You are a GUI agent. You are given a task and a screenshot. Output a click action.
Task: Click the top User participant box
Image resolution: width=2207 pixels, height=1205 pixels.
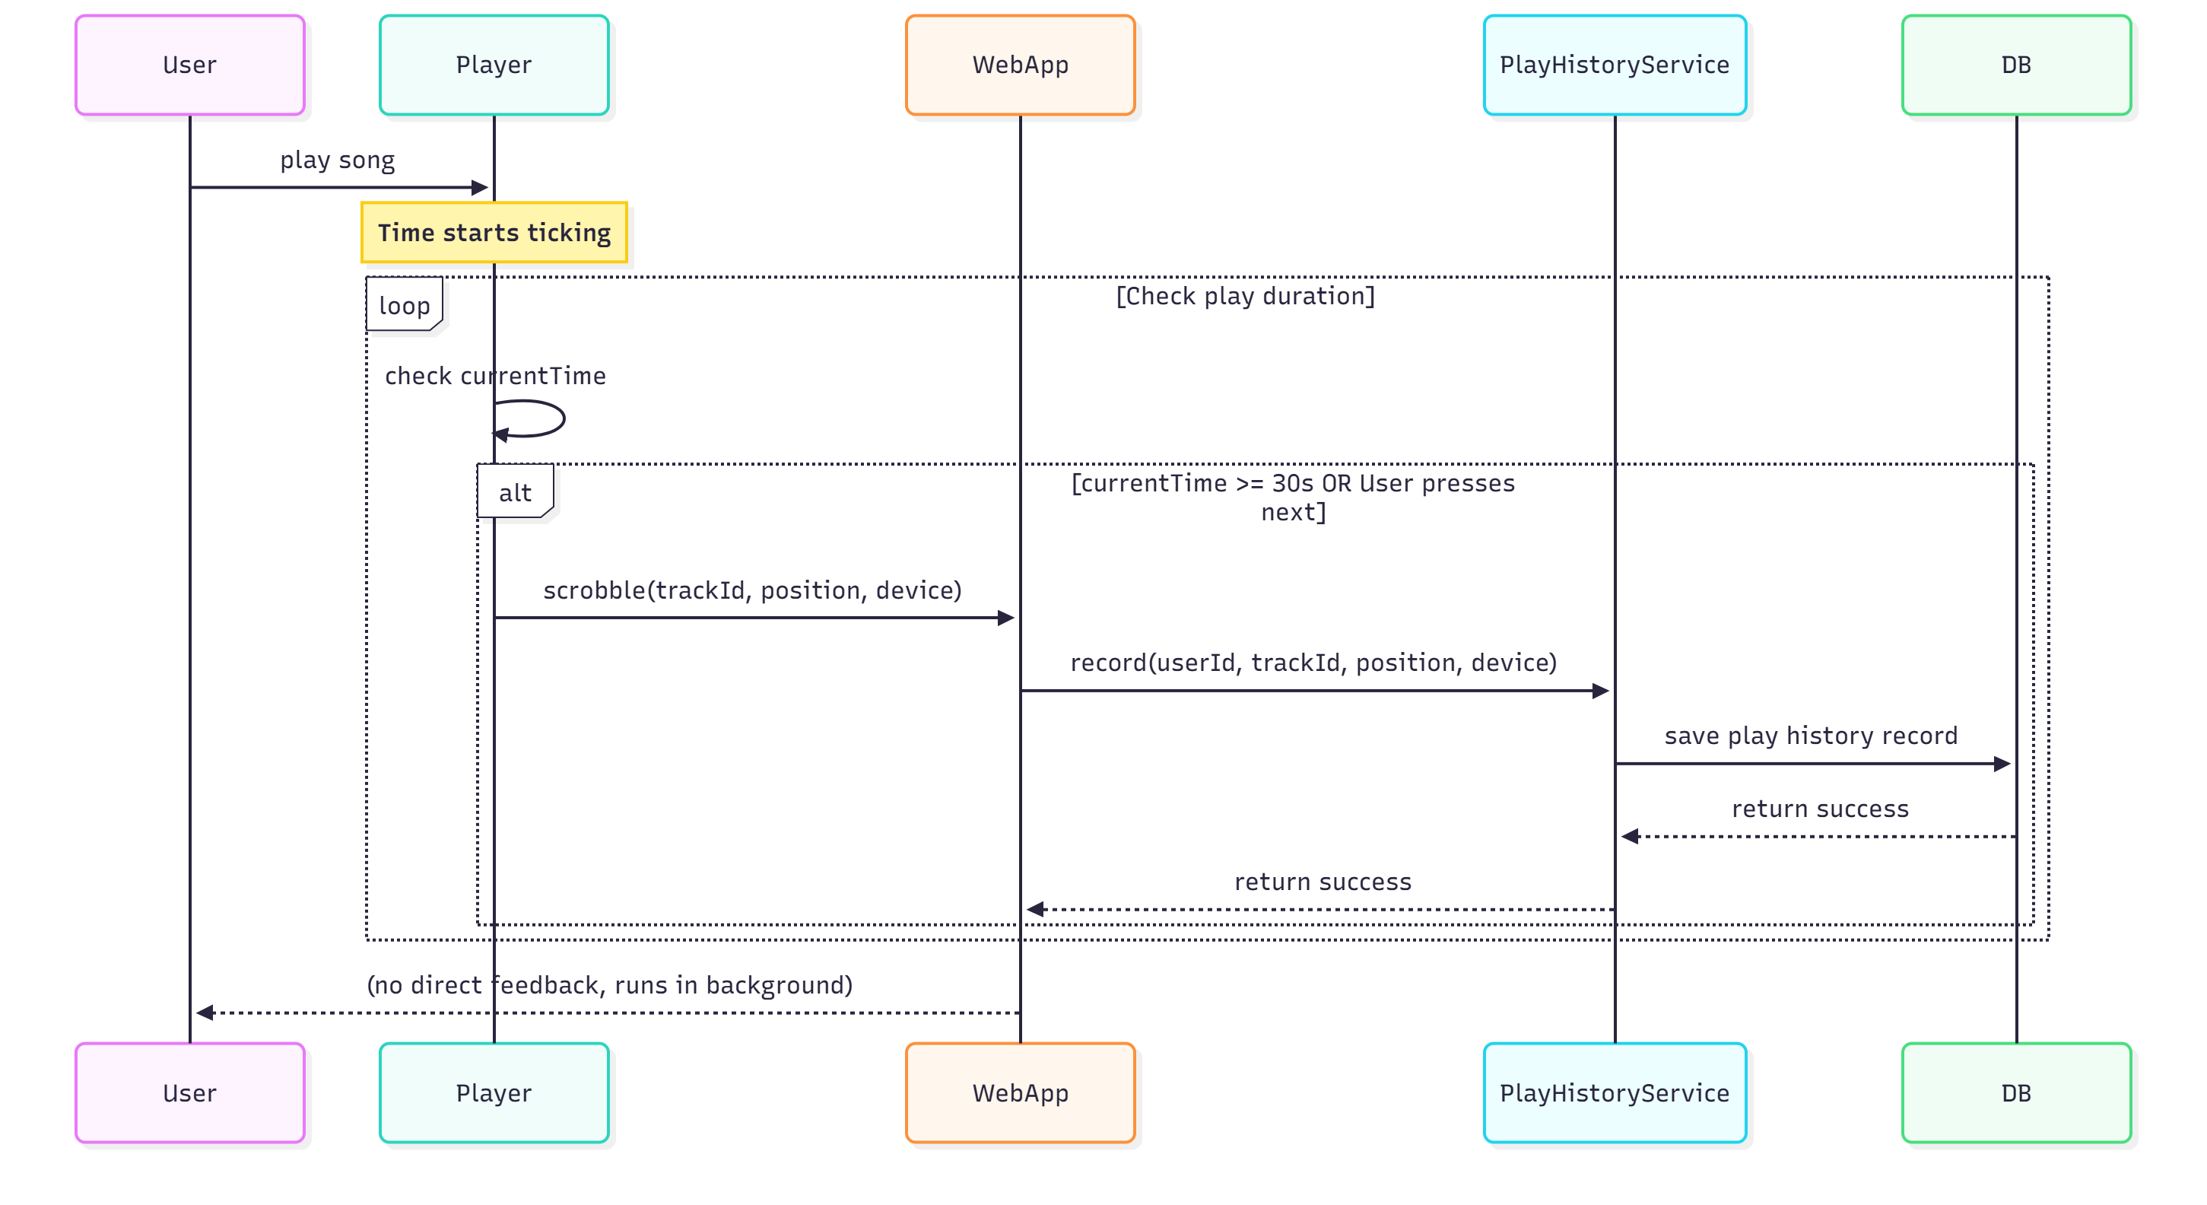click(189, 65)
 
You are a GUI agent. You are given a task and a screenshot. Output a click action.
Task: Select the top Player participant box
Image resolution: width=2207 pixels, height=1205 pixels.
click(494, 65)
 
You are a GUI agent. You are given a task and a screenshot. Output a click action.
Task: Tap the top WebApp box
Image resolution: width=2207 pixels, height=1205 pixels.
click(1020, 65)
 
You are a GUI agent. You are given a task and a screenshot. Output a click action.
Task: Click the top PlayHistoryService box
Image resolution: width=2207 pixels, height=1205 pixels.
click(1614, 65)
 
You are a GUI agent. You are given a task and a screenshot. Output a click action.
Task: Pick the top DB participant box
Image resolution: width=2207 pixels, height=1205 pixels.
click(2016, 65)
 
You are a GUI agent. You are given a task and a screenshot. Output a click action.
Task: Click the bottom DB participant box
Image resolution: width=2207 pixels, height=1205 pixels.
click(2016, 1092)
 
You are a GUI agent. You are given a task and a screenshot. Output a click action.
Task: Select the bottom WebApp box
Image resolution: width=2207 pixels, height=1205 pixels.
click(1020, 1092)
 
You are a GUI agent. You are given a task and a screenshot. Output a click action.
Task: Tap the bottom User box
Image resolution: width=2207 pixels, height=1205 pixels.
click(189, 1092)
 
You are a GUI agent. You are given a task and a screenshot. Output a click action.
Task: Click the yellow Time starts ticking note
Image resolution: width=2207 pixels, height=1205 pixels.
click(494, 232)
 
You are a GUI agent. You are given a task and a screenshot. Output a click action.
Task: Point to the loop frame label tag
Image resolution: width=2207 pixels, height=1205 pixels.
click(405, 305)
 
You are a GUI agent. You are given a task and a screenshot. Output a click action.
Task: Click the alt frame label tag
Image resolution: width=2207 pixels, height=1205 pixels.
click(515, 492)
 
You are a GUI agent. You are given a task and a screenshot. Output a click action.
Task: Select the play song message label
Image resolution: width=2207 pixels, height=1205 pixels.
click(338, 161)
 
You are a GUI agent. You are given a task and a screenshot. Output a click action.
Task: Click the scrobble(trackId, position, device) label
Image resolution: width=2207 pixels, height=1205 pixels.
click(752, 590)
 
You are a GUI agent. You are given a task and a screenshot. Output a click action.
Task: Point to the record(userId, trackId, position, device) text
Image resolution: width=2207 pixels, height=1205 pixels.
click(1313, 663)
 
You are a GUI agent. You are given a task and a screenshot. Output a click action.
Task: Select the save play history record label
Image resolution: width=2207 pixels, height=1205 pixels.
click(1810, 736)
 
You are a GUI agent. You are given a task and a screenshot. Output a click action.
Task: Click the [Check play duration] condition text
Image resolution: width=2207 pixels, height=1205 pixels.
click(1245, 296)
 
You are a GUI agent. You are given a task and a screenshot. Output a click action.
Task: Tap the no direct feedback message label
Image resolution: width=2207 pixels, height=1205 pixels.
click(609, 984)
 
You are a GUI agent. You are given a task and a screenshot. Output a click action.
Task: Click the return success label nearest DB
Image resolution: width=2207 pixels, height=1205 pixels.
click(1820, 808)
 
